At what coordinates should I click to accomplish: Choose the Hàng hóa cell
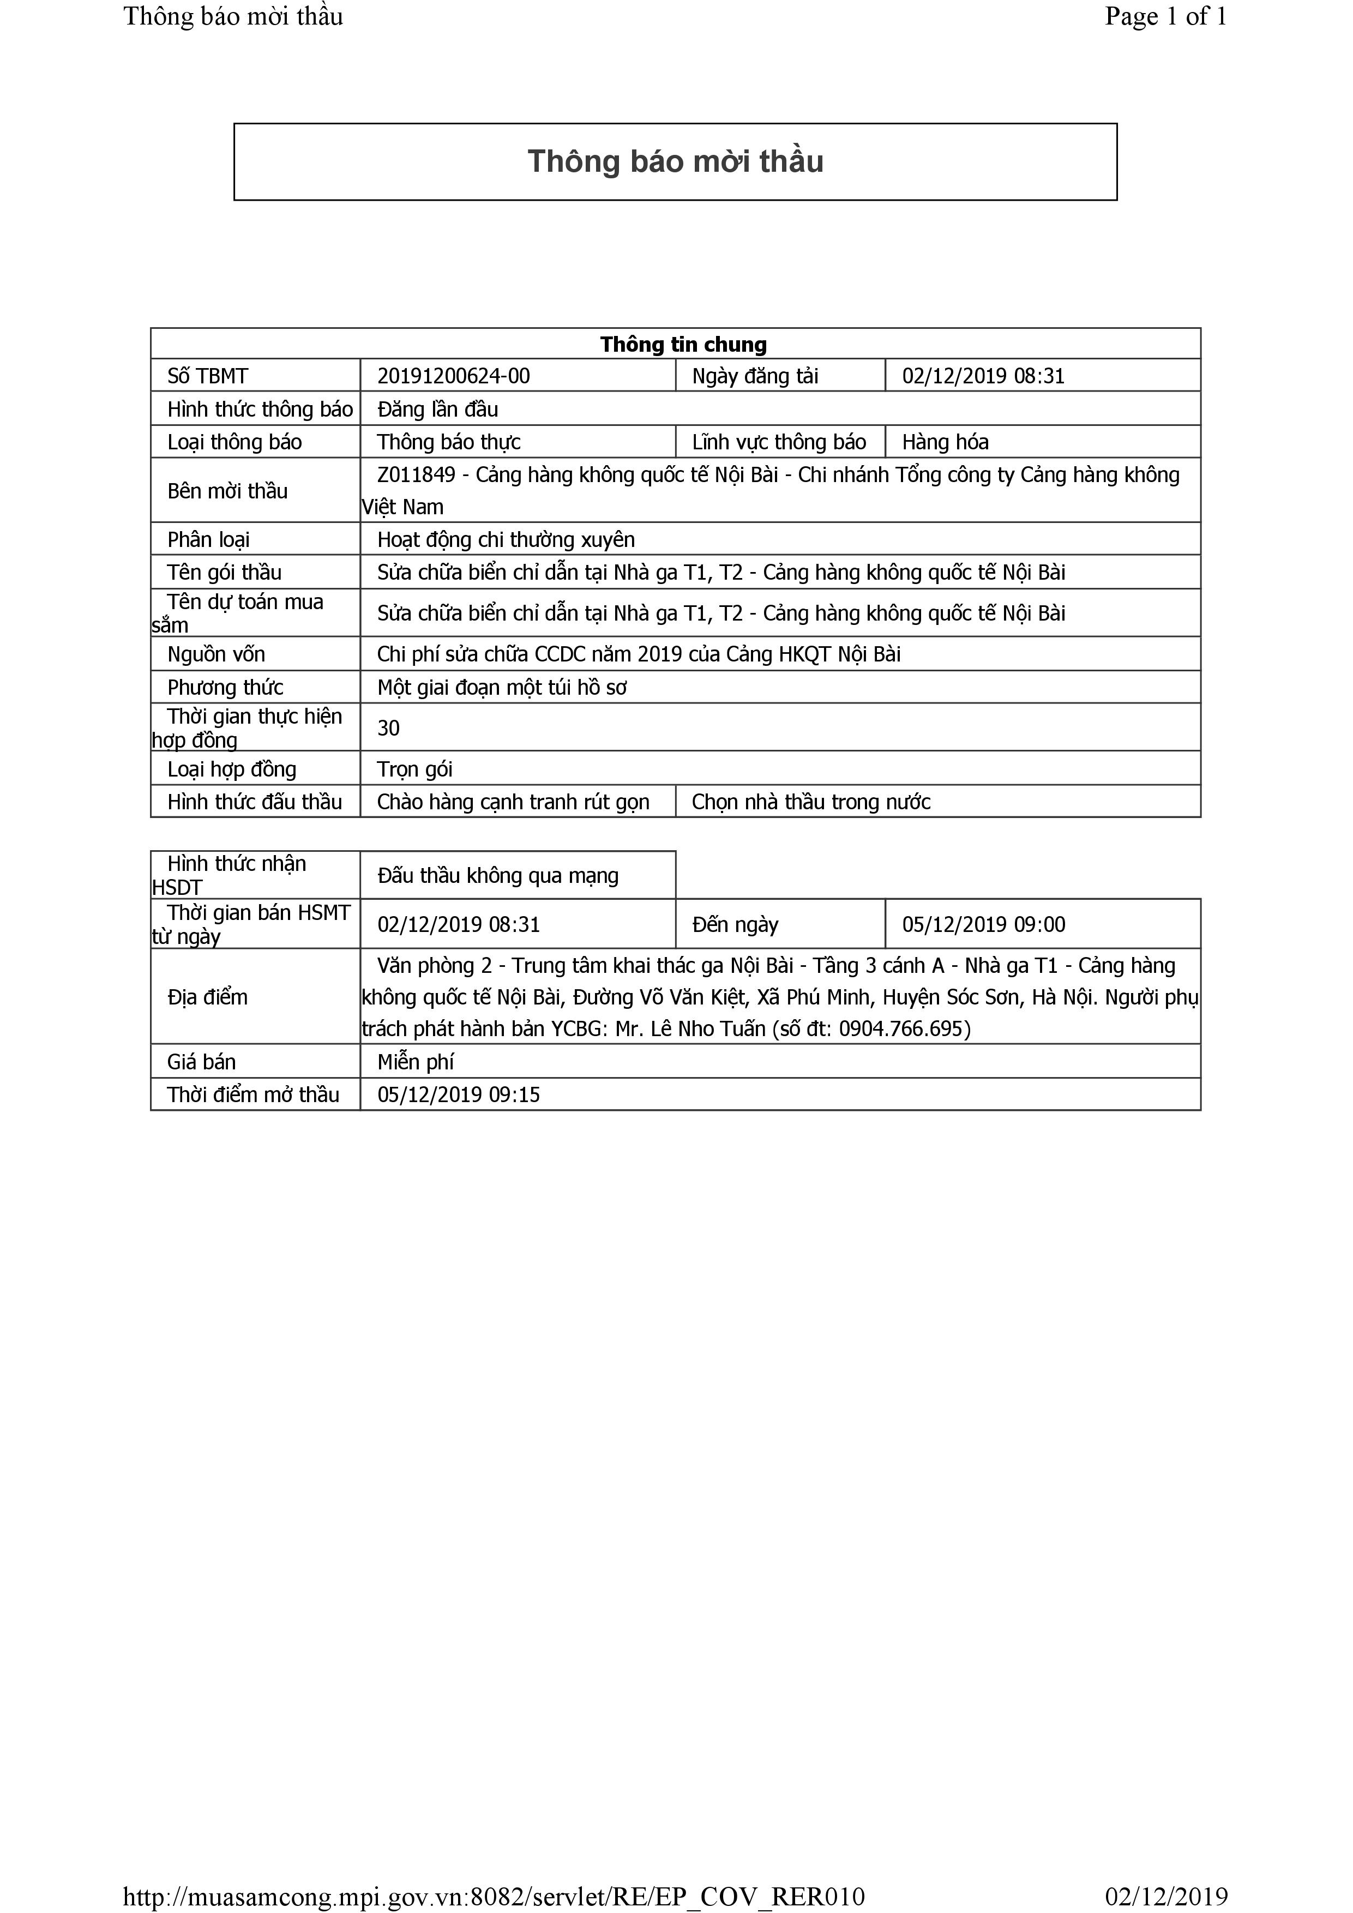pyautogui.click(x=945, y=442)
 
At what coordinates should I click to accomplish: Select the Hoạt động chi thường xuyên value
pyautogui.click(x=506, y=540)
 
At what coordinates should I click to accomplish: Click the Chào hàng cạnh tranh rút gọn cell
pyautogui.click(x=513, y=802)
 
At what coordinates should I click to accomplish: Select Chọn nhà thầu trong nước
pyautogui.click(x=810, y=802)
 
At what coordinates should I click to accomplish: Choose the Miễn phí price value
pyautogui.click(x=415, y=1062)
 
